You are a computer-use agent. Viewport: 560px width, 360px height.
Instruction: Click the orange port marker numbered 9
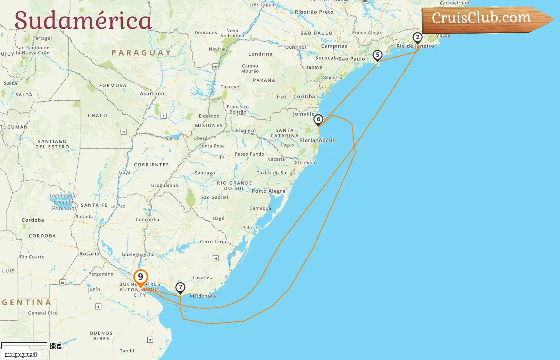pyautogui.click(x=140, y=277)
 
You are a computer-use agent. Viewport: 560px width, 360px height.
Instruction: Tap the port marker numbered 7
pyautogui.click(x=180, y=287)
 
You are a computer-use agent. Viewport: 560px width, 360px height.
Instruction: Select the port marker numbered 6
pyautogui.click(x=318, y=119)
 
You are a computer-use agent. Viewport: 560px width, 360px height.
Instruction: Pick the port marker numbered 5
pyautogui.click(x=377, y=55)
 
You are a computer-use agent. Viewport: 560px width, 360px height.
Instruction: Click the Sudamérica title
pyautogui.click(x=83, y=21)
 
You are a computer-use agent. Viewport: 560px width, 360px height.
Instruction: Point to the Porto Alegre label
pyautogui.click(x=268, y=191)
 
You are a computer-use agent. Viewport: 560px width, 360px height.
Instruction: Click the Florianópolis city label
pyautogui.click(x=317, y=140)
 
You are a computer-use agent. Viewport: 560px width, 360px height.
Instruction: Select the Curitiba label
pyautogui.click(x=304, y=96)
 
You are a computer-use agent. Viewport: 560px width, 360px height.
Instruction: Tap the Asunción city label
pyautogui.click(x=152, y=94)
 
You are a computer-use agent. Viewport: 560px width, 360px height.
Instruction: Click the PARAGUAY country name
pyautogui.click(x=141, y=53)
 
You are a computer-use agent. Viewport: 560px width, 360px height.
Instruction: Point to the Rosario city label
pyautogui.click(x=89, y=254)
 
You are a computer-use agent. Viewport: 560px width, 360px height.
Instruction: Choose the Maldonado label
pyautogui.click(x=203, y=296)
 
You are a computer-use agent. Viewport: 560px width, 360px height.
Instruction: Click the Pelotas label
pyautogui.click(x=251, y=228)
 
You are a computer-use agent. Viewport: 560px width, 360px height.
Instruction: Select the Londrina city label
pyautogui.click(x=260, y=54)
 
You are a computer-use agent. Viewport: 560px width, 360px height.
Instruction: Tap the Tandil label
pyautogui.click(x=127, y=351)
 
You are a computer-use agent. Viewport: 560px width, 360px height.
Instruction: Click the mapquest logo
pyautogui.click(x=21, y=355)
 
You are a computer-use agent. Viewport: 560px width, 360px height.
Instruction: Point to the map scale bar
pyautogui.click(x=24, y=346)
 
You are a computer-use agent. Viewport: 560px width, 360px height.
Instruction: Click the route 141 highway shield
pyautogui.click(x=215, y=66)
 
